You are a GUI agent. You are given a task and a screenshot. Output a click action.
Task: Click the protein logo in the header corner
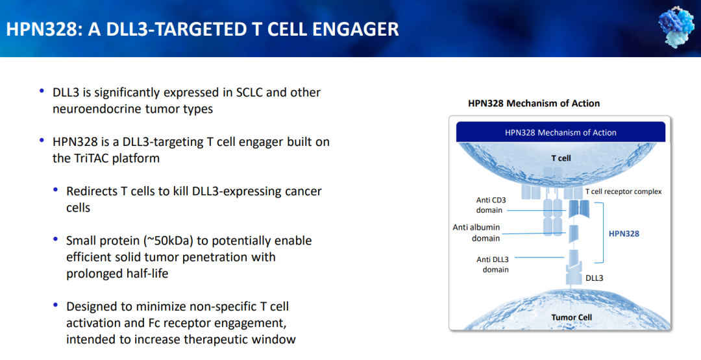click(x=677, y=28)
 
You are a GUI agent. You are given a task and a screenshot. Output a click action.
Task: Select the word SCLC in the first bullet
click(x=248, y=93)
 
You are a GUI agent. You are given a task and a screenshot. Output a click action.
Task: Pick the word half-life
click(x=146, y=273)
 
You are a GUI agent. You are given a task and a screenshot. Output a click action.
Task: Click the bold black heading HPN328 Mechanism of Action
click(x=534, y=103)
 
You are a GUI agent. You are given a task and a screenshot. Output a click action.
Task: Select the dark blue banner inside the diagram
click(x=561, y=132)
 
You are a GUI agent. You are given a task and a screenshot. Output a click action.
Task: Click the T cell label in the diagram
click(x=561, y=158)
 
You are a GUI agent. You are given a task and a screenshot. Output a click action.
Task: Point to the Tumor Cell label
click(x=571, y=318)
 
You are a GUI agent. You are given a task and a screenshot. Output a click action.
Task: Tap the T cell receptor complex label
click(x=624, y=191)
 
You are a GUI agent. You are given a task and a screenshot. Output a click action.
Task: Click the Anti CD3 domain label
click(x=491, y=205)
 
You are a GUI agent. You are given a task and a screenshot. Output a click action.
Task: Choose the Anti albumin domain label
click(x=476, y=233)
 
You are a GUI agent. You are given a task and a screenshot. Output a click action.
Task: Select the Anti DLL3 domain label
click(x=493, y=265)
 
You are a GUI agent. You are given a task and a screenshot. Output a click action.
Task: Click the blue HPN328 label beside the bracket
click(x=624, y=234)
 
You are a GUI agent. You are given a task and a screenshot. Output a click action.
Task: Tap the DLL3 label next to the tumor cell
click(x=594, y=278)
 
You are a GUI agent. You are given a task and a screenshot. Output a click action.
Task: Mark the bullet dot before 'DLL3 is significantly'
click(x=42, y=91)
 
